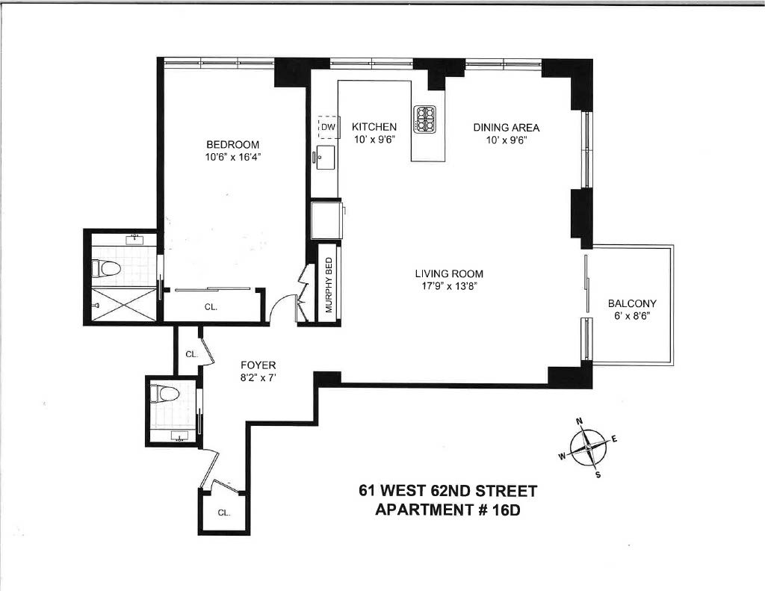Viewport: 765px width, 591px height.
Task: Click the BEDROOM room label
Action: [x=233, y=144]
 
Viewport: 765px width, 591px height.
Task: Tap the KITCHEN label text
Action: [x=374, y=127]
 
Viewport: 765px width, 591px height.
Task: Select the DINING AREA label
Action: [x=507, y=127]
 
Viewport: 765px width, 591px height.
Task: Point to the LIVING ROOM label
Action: [x=449, y=273]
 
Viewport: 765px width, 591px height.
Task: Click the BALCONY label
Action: [x=632, y=303]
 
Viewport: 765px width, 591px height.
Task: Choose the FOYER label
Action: [x=258, y=365]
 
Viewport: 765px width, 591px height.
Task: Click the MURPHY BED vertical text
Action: [x=329, y=285]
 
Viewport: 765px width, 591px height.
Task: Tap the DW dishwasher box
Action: [x=329, y=127]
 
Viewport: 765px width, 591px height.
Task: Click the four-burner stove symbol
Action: [x=425, y=120]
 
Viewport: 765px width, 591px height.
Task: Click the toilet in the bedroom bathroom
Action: [x=106, y=268]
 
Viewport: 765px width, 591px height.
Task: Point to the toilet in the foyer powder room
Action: [x=164, y=394]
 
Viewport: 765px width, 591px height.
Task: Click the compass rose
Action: [x=589, y=447]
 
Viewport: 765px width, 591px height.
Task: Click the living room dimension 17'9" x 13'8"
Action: [x=449, y=286]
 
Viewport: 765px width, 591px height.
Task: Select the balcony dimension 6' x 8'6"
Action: [x=632, y=316]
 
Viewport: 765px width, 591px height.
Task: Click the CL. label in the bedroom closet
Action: [x=211, y=308]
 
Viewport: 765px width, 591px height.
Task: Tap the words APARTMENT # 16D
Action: [x=447, y=510]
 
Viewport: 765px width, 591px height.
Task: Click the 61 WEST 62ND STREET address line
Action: [x=448, y=490]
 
